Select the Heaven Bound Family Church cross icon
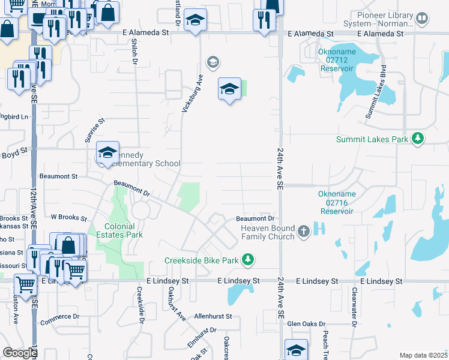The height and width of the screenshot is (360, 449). (x=304, y=231)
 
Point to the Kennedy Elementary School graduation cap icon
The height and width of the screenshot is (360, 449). (x=107, y=154)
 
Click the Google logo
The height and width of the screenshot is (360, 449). (x=20, y=353)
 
